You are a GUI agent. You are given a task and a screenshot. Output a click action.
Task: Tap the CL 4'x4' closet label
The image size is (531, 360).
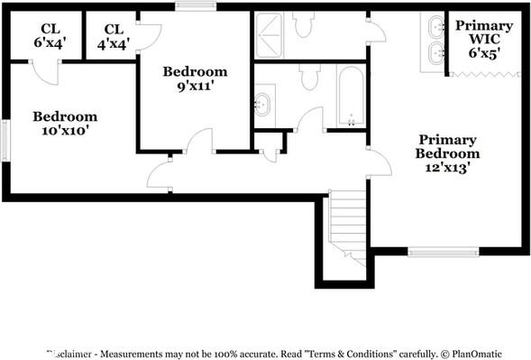pyautogui.click(x=113, y=34)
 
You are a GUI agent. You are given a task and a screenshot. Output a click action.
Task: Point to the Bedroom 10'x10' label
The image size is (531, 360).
pyautogui.click(x=65, y=124)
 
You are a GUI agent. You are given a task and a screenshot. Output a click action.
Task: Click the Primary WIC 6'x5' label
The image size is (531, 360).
pyautogui.click(x=483, y=39)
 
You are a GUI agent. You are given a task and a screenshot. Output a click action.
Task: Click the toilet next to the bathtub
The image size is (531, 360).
pyautogui.click(x=310, y=78)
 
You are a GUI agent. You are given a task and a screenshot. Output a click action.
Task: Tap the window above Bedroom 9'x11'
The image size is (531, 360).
pyautogui.click(x=190, y=7)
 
